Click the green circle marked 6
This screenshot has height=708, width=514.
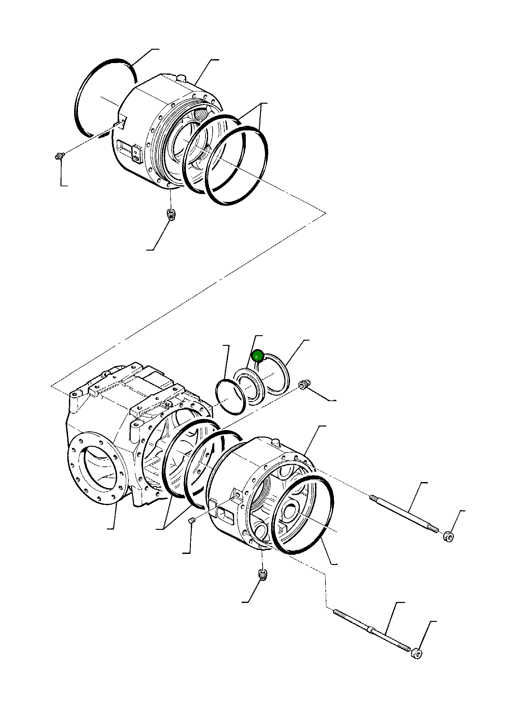click(x=257, y=357)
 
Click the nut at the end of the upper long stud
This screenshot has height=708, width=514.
click(x=448, y=537)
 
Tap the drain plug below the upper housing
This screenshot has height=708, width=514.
click(x=170, y=214)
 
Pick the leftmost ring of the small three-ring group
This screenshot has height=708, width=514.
click(x=230, y=396)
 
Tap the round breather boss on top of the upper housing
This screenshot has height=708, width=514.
click(x=181, y=78)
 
